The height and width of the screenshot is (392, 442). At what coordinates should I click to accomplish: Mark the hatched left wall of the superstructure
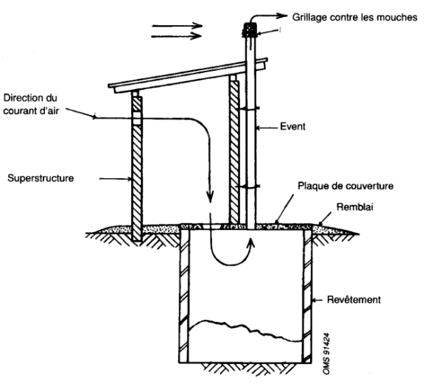(x=136, y=169)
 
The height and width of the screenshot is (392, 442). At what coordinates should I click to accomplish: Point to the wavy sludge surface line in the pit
(x=243, y=325)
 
